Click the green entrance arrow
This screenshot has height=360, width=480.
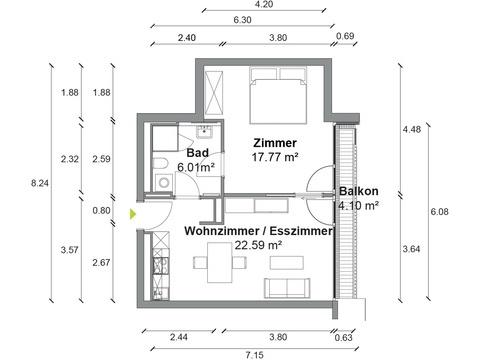click(x=133, y=214)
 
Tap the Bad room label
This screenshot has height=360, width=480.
click(x=198, y=153)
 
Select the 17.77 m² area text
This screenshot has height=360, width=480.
click(x=275, y=157)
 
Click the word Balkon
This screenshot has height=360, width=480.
click(x=359, y=191)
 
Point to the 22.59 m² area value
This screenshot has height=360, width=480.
click(x=258, y=245)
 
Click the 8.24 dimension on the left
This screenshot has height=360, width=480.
click(x=40, y=183)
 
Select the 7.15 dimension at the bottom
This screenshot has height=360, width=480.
click(x=254, y=355)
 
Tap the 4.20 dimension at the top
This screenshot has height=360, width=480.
click(x=264, y=4)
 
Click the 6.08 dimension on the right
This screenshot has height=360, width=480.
click(x=440, y=211)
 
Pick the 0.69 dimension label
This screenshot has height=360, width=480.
click(x=345, y=36)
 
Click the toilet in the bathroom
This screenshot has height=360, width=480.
click(x=161, y=164)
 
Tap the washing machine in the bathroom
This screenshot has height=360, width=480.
click(x=164, y=182)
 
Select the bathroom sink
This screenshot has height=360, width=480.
click(x=204, y=131)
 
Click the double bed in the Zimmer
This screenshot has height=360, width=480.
click(x=278, y=95)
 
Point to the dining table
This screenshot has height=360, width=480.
click(x=220, y=263)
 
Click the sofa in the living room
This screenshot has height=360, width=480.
click(x=287, y=288)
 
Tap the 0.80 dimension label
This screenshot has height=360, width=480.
click(x=101, y=211)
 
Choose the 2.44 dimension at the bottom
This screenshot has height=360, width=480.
click(x=179, y=337)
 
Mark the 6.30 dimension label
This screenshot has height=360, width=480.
click(x=242, y=20)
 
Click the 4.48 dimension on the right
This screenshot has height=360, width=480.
click(x=412, y=129)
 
